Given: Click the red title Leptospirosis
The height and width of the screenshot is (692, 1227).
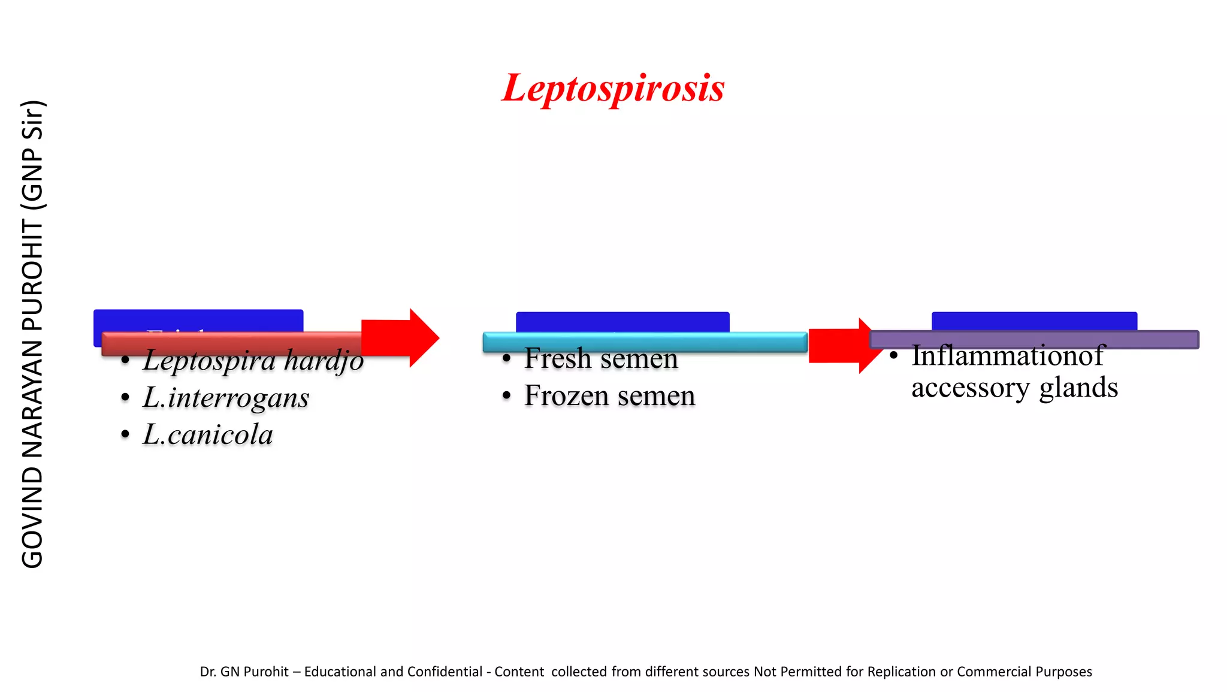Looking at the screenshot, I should [x=613, y=88].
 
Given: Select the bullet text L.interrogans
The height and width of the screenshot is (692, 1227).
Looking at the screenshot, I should [x=226, y=398].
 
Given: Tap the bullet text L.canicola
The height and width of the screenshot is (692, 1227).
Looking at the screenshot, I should [x=207, y=434].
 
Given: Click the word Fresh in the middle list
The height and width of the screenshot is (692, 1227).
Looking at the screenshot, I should [x=558, y=359].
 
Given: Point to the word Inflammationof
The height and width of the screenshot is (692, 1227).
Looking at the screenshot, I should [x=1007, y=356].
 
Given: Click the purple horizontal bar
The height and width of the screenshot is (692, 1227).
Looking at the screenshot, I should [x=1033, y=340].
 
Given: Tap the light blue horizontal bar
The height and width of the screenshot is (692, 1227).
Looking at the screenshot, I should [x=644, y=342].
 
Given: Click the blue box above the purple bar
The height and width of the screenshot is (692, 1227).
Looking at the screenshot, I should [x=1033, y=321].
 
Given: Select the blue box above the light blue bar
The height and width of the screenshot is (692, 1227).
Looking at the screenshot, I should [x=622, y=322].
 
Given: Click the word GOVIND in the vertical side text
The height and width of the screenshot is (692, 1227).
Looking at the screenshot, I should [x=32, y=518].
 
